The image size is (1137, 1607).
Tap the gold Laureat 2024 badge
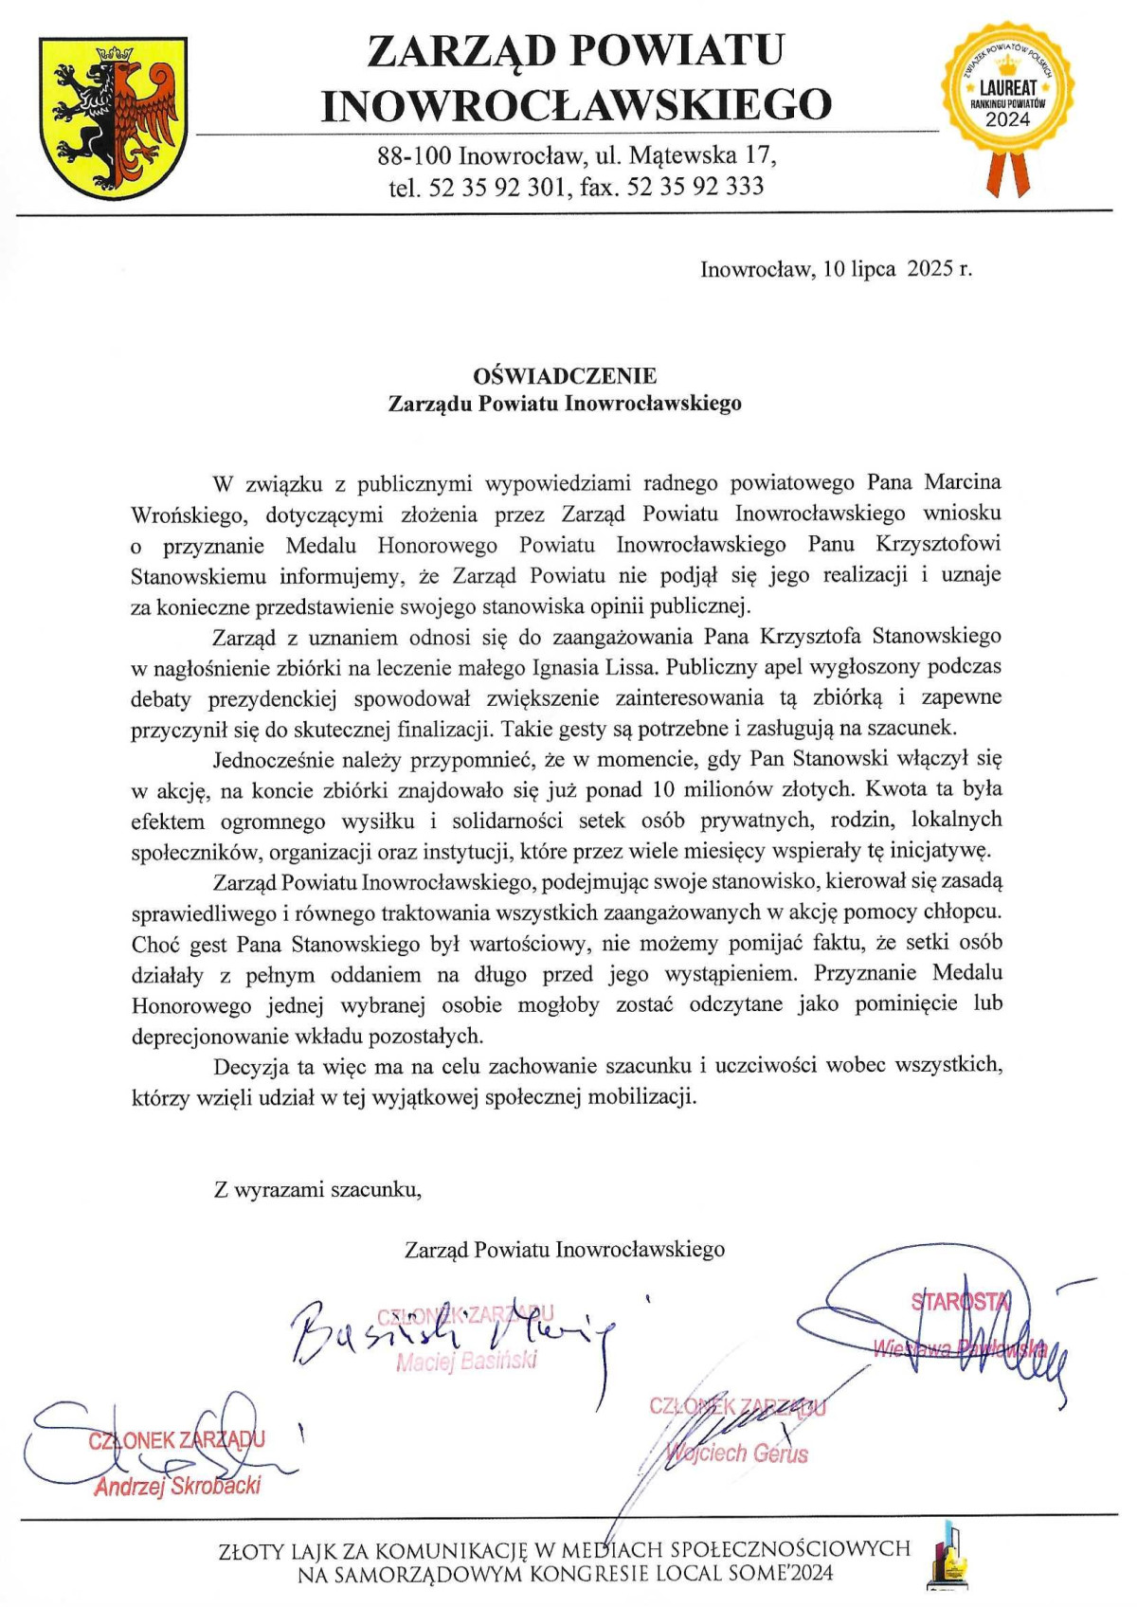pyautogui.click(x=1007, y=91)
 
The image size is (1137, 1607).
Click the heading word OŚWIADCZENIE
pyautogui.click(x=565, y=376)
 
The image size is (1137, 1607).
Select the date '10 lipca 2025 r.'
pyautogui.click(x=897, y=269)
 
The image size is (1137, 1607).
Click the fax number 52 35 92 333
pyautogui.click(x=695, y=187)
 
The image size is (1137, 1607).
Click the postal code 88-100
pyautogui.click(x=415, y=154)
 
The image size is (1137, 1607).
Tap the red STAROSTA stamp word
pyautogui.click(x=959, y=1301)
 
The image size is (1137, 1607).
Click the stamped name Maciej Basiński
pyautogui.click(x=466, y=1362)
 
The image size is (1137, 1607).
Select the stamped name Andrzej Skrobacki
pyautogui.click(x=177, y=1486)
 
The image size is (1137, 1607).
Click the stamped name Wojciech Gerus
pyautogui.click(x=737, y=1453)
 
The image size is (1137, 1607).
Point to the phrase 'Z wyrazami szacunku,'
pyautogui.click(x=317, y=1189)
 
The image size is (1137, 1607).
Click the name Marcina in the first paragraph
pyautogui.click(x=963, y=482)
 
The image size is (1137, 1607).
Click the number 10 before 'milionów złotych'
pyautogui.click(x=659, y=789)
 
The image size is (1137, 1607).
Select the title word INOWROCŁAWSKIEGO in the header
pyautogui.click(x=575, y=104)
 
